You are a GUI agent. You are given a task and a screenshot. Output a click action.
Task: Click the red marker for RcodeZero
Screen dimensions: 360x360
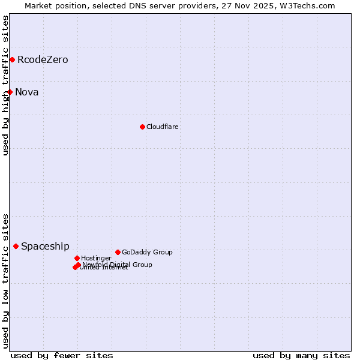tap(12, 59)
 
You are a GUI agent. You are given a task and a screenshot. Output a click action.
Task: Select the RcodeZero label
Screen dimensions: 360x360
tap(43, 60)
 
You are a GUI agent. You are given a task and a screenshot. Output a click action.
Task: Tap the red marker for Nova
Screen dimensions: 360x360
tap(10, 92)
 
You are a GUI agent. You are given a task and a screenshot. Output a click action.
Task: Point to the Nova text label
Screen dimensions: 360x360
tap(27, 92)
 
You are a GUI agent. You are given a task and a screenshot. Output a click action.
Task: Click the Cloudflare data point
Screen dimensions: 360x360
tap(142, 127)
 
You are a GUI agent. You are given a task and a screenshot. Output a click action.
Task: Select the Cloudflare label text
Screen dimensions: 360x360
tap(163, 127)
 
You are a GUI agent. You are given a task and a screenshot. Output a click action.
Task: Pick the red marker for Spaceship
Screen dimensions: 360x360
tap(16, 246)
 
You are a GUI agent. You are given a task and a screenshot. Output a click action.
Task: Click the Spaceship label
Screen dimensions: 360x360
tap(45, 247)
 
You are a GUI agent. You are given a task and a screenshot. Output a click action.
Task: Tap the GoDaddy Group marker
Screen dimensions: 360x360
tap(118, 252)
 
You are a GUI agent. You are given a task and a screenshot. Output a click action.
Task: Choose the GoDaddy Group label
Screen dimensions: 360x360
tap(147, 252)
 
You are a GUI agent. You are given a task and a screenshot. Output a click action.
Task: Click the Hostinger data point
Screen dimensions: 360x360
tap(77, 258)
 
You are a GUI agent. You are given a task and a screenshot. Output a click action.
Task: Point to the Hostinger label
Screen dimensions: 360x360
tap(97, 258)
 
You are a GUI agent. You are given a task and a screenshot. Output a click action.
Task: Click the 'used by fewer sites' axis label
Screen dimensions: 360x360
tap(62, 355)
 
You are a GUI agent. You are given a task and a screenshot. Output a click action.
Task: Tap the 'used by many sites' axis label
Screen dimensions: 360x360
tap(301, 355)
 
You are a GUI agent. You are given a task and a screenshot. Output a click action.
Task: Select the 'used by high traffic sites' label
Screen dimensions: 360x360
tap(5, 85)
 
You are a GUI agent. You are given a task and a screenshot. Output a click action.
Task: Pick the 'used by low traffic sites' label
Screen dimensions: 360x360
tap(5, 281)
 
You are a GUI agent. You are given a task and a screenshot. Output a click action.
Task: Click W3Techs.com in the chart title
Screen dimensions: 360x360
tap(306, 6)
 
